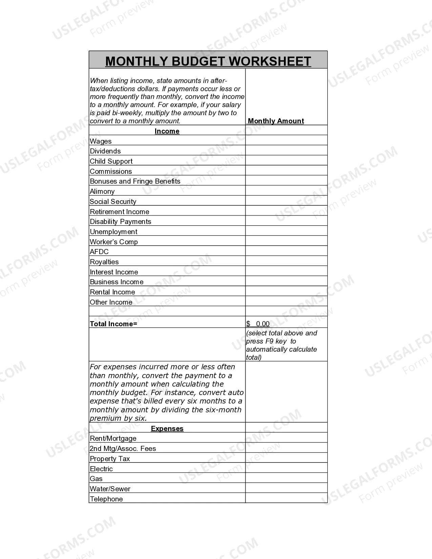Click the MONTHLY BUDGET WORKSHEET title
click(x=208, y=61)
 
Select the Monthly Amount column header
click(x=276, y=121)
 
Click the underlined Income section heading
click(x=167, y=131)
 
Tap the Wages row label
click(x=101, y=141)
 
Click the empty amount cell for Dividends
click(x=286, y=150)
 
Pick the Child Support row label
click(x=111, y=161)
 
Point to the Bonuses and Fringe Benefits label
click(x=135, y=181)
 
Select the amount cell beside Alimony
click(x=286, y=191)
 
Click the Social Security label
click(x=113, y=202)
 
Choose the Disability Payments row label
click(x=120, y=222)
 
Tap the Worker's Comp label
click(x=114, y=242)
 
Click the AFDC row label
click(x=99, y=252)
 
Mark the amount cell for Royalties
click(x=286, y=261)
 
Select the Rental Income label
click(x=112, y=292)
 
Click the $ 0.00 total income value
click(x=258, y=324)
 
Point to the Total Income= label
click(x=114, y=324)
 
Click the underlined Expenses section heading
click(x=167, y=429)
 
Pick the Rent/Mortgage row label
click(x=113, y=438)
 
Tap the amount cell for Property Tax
click(x=286, y=458)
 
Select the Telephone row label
click(x=106, y=499)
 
